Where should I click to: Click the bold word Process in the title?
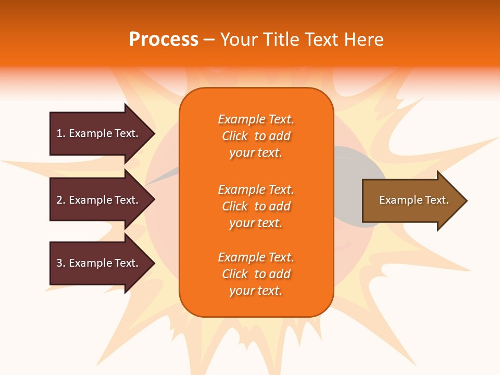[164, 40]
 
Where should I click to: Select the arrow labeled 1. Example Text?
[99, 133]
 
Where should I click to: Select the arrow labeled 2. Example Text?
[99, 200]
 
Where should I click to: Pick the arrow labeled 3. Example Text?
[99, 263]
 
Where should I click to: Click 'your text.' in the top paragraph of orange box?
[256, 153]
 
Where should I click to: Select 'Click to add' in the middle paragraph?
[256, 206]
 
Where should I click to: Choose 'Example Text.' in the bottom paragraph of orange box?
[256, 257]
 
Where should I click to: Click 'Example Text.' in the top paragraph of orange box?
[256, 119]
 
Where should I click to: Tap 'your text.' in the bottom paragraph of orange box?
[256, 291]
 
